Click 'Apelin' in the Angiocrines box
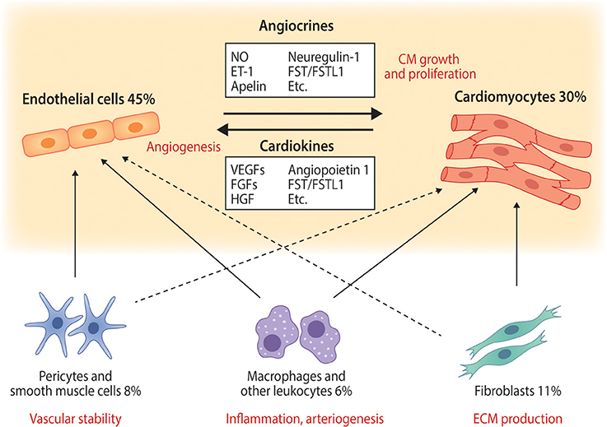[247, 86]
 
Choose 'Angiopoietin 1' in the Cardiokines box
[324, 170]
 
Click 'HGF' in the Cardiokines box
[242, 198]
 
